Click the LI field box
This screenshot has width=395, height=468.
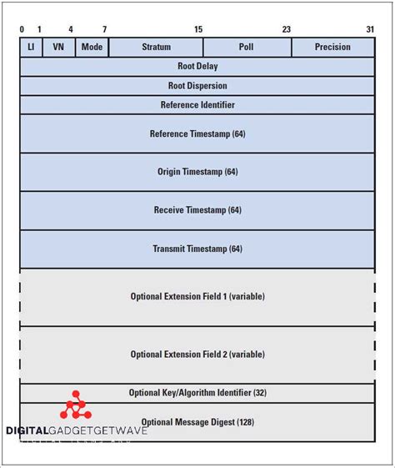pos(31,47)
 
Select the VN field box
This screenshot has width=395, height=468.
pos(58,47)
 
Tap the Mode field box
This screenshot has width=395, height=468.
pos(92,47)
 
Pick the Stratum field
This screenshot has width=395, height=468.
pos(156,47)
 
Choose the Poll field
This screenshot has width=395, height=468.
pos(247,47)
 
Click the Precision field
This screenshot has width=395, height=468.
pos(332,47)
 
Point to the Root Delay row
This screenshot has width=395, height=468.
pos(197,66)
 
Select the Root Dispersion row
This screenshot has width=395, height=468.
pos(197,85)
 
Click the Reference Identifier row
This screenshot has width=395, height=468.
pos(197,104)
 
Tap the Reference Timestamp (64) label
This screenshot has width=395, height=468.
pos(197,133)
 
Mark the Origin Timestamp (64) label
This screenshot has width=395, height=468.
pos(197,172)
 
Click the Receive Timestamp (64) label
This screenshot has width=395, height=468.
pos(197,210)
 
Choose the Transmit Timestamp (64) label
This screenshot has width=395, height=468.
pos(197,249)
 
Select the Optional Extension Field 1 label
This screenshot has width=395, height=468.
pos(197,296)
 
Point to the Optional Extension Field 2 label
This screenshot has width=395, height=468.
pos(197,355)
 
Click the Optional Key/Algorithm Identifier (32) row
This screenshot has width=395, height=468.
pos(197,393)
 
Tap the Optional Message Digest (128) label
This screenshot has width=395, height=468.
pos(197,422)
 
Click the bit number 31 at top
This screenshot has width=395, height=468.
pos(370,29)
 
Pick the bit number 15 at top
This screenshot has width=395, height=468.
pos(198,29)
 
